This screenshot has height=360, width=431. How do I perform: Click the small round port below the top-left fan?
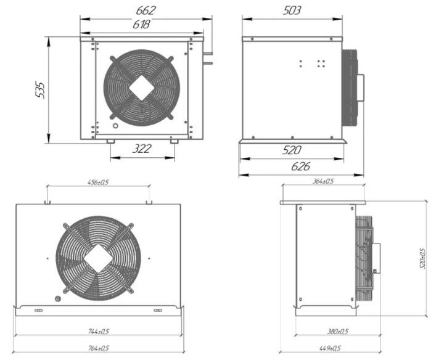click(114, 127)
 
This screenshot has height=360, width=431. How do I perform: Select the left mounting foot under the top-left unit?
click(110, 141)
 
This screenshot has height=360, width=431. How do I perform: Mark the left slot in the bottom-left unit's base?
click(38, 311)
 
